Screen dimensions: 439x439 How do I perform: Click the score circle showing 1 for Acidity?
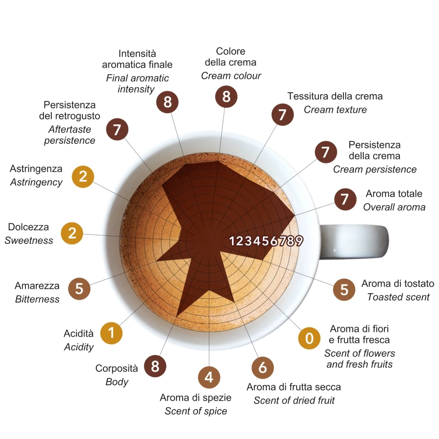pos(111,333)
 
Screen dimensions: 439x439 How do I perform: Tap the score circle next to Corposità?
pos(155,366)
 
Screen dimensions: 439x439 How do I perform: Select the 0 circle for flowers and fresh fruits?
pos(309,338)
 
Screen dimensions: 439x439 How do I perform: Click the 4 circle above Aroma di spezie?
pos(209,377)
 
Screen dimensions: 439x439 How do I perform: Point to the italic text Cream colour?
pos(231,76)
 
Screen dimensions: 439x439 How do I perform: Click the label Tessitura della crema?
pos(335,96)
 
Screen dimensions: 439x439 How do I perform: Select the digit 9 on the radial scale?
pos(299,240)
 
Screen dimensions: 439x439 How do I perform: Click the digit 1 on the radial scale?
pos(233,240)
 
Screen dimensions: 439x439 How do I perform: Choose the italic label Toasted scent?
pos(398,297)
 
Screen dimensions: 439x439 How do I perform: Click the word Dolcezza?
pos(28,227)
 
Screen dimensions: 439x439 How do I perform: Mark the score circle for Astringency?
pos(83,177)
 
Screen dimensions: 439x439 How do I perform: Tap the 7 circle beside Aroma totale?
pos(345,199)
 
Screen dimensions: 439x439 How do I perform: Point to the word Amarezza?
pos(37,286)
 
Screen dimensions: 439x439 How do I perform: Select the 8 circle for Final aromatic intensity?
pos(167,102)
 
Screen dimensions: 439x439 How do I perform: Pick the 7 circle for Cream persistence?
pos(325,152)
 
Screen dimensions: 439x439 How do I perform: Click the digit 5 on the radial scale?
pos(265,240)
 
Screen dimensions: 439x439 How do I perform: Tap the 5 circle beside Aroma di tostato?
pos(344,289)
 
